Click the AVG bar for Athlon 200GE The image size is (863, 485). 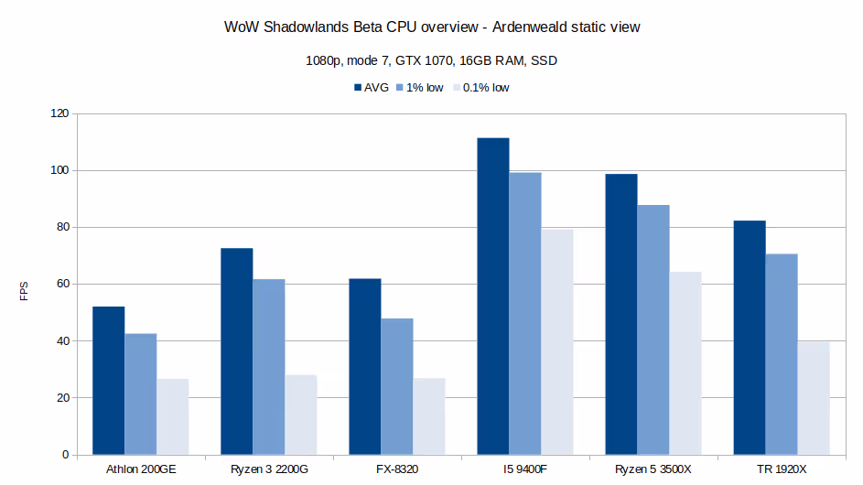(x=109, y=381)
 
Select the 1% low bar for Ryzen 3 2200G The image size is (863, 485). (x=269, y=367)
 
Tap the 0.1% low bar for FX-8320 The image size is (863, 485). (x=429, y=416)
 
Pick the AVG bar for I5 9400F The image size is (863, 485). (x=493, y=296)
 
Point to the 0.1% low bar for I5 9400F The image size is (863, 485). (x=557, y=342)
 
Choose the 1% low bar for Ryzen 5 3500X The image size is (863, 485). (x=653, y=329)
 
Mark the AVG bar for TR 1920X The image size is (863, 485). (x=750, y=338)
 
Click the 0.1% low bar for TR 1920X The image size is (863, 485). (x=814, y=398)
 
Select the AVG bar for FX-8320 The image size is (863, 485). (x=365, y=367)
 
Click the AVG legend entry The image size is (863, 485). (x=371, y=88)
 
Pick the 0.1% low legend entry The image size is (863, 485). (x=480, y=88)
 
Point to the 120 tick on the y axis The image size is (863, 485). (x=59, y=113)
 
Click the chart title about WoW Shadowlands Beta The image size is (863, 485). (x=432, y=27)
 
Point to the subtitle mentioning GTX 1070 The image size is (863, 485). (x=432, y=61)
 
